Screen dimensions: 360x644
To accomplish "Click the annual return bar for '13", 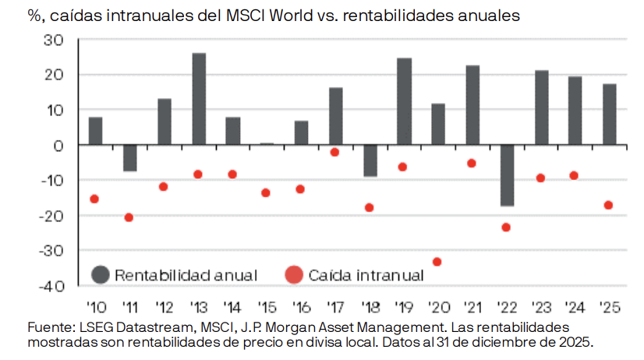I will [x=199, y=99].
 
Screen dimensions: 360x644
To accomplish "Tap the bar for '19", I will [x=404, y=101].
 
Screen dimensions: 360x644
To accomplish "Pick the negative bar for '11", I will [x=129, y=157].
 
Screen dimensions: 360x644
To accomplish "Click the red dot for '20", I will [x=437, y=262].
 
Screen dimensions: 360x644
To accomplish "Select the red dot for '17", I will [x=334, y=152].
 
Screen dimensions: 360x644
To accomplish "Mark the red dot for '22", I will [x=505, y=228].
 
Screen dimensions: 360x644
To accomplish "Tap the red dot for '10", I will [x=94, y=199].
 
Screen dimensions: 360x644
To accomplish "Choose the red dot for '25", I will [x=608, y=205].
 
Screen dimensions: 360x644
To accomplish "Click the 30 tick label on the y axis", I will [x=62, y=40].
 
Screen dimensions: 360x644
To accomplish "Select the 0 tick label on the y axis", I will [x=67, y=145].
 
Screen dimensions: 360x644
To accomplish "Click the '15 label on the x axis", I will [x=267, y=306].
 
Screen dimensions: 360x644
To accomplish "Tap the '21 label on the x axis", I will [x=472, y=306].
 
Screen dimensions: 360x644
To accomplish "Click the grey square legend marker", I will [x=100, y=274].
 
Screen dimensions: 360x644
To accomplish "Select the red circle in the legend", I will [x=294, y=274].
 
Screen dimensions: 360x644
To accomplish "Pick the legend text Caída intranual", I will [x=366, y=274].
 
